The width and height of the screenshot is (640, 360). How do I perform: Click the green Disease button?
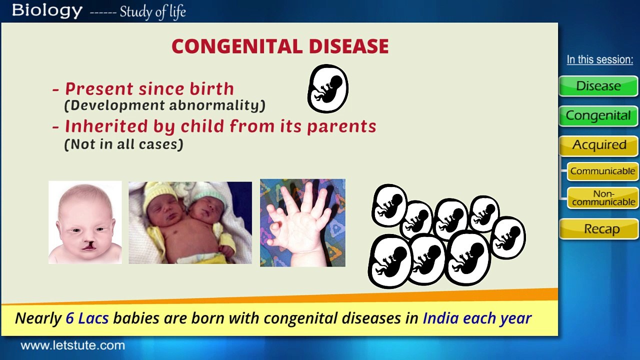click(598, 86)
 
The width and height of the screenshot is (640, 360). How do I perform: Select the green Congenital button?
click(598, 116)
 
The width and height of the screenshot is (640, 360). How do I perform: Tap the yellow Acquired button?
click(599, 145)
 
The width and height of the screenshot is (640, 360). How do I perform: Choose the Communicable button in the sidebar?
click(602, 171)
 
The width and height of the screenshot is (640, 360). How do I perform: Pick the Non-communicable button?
click(603, 198)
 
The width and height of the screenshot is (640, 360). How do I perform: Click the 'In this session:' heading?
click(599, 59)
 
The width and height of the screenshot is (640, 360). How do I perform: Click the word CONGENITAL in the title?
click(237, 46)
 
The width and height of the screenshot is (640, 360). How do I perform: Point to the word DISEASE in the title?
click(348, 46)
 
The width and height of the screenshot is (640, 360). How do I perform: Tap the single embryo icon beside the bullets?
click(327, 89)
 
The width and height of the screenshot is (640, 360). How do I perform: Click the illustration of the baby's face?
click(85, 222)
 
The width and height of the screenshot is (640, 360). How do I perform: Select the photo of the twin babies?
click(190, 222)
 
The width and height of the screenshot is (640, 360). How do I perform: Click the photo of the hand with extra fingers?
click(302, 223)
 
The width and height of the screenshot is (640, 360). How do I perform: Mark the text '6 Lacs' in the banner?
click(87, 318)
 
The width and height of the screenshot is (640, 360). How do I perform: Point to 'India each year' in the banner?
click(476, 318)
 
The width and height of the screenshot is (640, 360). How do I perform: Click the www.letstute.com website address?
click(72, 345)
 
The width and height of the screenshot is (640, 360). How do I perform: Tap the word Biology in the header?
click(47, 10)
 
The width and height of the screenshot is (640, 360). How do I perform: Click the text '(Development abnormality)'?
click(164, 105)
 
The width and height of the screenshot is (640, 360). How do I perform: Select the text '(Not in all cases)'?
click(123, 144)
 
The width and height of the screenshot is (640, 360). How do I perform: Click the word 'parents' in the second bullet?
click(341, 126)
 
